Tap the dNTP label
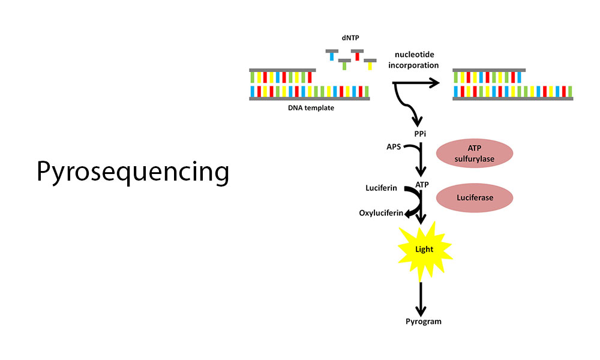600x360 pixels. coord(350,38)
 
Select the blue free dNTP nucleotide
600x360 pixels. coord(332,55)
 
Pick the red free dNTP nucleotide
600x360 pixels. coord(357,55)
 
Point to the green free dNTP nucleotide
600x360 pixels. coord(344,64)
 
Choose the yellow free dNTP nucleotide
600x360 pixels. coord(370,64)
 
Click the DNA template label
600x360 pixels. coord(311,108)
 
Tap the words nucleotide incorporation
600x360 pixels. coord(413,59)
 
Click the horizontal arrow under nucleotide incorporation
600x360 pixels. coord(416,83)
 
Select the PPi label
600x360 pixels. coord(420,134)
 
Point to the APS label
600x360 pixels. coord(394,146)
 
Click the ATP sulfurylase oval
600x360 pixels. coord(475,154)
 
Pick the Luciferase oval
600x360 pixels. coord(475,198)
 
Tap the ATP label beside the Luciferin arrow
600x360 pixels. coord(422,185)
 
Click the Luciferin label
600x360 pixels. coord(381,188)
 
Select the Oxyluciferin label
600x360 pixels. coord(381,213)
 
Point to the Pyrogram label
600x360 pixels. coord(424,322)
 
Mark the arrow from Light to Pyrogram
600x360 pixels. coord(421,299)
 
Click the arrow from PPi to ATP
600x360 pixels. coord(421,160)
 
